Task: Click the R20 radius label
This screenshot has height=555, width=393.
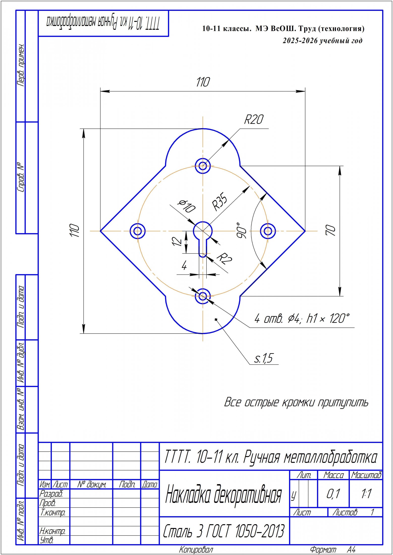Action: (x=254, y=119)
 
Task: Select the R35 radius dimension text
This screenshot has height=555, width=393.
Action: (x=219, y=201)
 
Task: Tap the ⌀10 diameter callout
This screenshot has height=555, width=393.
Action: (x=187, y=206)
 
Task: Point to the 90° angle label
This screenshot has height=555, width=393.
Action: (x=242, y=230)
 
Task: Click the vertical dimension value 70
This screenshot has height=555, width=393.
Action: (x=331, y=230)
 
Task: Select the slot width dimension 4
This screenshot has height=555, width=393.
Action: (x=184, y=265)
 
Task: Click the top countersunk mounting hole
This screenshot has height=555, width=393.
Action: (x=203, y=166)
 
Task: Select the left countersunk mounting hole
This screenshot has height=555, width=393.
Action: (x=138, y=231)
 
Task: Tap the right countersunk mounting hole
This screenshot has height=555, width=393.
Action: (x=268, y=231)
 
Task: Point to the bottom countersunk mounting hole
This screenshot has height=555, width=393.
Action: (x=203, y=296)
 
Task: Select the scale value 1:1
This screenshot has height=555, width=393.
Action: (x=366, y=494)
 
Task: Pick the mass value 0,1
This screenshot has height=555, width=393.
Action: (x=333, y=494)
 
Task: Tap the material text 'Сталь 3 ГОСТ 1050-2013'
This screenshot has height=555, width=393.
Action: (x=224, y=531)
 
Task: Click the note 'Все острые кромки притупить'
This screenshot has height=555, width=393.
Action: (x=296, y=403)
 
